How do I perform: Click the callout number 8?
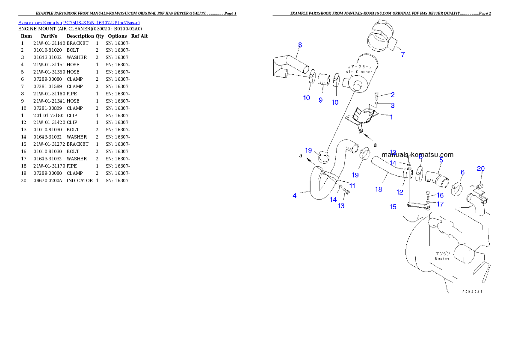(300, 45)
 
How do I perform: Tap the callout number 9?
(320, 100)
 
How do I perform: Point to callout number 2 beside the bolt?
(392, 94)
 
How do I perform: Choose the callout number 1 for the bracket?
(391, 117)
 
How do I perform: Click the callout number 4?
(295, 196)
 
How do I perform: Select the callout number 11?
(352, 186)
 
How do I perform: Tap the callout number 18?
(379, 189)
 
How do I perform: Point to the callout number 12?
(400, 192)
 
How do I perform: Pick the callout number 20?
(481, 169)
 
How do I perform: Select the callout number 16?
(440, 195)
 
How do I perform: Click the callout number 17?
(440, 204)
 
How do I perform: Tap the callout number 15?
(393, 207)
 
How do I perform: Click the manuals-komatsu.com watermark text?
(417, 155)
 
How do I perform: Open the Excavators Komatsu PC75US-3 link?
(79, 23)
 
